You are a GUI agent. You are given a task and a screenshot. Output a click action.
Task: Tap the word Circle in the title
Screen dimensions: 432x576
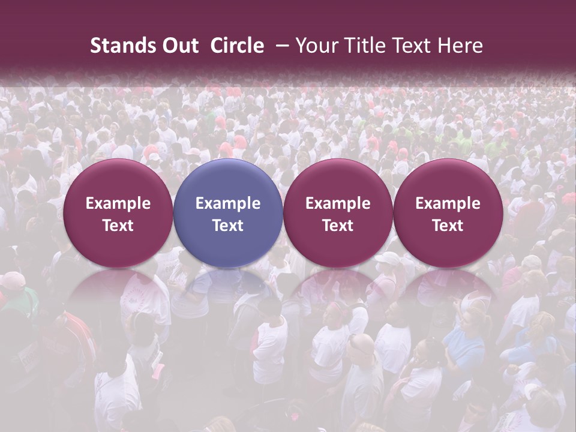pyautogui.click(x=237, y=46)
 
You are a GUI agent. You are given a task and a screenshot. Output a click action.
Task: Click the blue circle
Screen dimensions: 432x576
pyautogui.click(x=228, y=213)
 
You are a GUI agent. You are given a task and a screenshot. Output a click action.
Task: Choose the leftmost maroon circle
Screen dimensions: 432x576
pyautogui.click(x=118, y=213)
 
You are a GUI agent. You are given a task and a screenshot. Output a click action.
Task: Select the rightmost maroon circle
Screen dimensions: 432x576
pyautogui.click(x=448, y=213)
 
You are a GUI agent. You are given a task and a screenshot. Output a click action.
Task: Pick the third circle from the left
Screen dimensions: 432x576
pyautogui.click(x=338, y=213)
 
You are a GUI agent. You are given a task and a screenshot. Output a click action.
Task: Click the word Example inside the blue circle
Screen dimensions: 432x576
pyautogui.click(x=228, y=203)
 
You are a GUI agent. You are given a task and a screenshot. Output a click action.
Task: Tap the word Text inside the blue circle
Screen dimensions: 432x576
pyautogui.click(x=228, y=226)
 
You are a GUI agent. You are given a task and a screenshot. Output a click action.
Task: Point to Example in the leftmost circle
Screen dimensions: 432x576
pyautogui.click(x=118, y=203)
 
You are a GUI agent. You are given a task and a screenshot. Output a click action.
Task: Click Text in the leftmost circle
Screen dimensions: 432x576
pyautogui.click(x=118, y=226)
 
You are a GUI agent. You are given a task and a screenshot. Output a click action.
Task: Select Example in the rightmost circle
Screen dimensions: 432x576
pyautogui.click(x=448, y=203)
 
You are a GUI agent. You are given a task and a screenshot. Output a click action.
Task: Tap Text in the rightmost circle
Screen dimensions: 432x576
pyautogui.click(x=448, y=226)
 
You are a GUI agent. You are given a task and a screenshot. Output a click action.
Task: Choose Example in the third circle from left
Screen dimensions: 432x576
pyautogui.click(x=338, y=203)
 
